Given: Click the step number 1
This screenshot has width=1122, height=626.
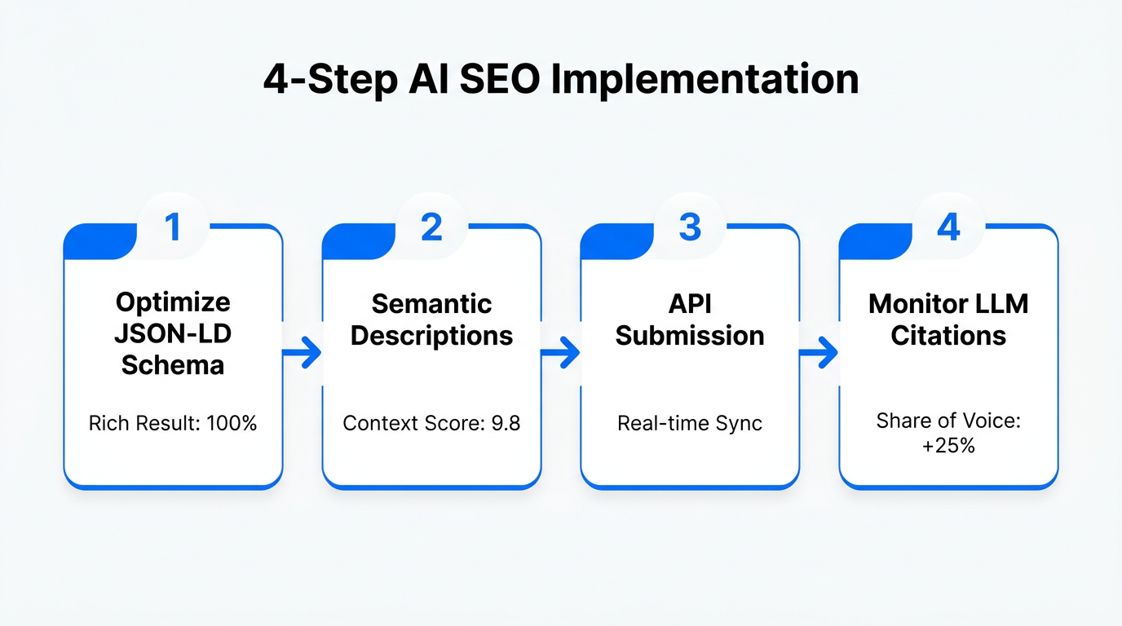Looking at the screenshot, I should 172,228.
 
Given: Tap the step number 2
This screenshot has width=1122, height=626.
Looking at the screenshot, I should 431,228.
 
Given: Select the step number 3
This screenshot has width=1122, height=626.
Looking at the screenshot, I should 690,228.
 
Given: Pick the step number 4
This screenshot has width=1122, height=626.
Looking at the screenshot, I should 948,228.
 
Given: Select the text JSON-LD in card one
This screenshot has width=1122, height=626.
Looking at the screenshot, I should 173,334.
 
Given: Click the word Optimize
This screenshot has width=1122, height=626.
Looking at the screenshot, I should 173,302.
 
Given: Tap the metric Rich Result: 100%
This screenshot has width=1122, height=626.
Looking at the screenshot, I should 173,424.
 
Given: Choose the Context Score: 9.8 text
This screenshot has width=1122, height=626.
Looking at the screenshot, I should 431,424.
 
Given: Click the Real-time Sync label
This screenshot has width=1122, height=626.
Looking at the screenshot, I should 690,424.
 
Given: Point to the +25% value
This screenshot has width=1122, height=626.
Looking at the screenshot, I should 948,445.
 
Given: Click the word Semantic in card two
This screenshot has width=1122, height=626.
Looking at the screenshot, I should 431,304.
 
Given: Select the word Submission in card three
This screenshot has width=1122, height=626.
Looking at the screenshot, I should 690,336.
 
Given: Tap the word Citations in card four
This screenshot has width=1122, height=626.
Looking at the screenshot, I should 948,336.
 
